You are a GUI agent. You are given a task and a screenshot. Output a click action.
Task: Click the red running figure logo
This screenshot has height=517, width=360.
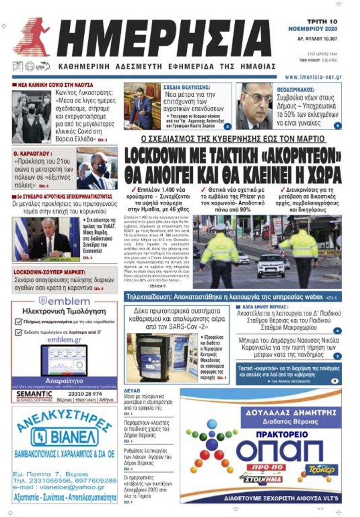coord(33,38)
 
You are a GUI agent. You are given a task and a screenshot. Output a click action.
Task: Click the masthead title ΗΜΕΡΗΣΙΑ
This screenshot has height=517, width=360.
coord(165,38)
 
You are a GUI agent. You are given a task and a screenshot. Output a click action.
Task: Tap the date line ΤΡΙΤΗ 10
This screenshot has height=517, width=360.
coord(322,21)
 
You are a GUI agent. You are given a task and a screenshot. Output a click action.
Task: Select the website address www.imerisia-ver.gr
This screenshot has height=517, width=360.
coord(313,77)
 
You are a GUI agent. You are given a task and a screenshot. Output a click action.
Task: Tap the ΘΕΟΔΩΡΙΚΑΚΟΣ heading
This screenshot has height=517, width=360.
coord(295,90)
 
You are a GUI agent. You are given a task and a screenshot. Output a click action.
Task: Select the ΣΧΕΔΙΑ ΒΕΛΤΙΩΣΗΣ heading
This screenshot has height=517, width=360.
coord(186,87)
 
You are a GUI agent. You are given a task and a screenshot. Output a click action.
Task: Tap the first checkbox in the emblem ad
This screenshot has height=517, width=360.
coord(18,322)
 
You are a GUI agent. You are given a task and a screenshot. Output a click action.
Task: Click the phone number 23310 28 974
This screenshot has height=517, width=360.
coord(85,394)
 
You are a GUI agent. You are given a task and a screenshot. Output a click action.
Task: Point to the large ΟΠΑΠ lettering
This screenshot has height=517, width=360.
coord(279,451)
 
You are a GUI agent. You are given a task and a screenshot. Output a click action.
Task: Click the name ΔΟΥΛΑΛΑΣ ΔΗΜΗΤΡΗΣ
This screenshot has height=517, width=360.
coord(291,413)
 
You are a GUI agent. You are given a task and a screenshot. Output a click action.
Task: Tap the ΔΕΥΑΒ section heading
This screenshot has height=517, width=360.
coord(132,391)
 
